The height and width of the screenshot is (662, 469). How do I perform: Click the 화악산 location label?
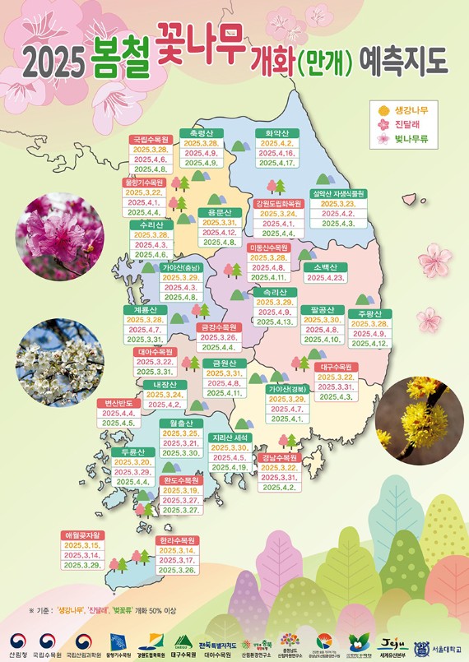[x=276, y=132]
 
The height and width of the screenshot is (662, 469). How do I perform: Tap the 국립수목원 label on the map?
[x=151, y=139]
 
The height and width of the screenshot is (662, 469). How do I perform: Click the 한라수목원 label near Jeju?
[x=178, y=539]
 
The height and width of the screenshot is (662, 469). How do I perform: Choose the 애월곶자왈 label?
[x=82, y=535]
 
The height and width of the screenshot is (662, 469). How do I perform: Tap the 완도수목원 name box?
[x=181, y=479]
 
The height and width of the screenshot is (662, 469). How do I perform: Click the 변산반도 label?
[x=114, y=402]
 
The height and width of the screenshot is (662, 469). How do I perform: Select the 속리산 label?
[x=276, y=291]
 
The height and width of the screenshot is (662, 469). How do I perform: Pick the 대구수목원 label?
[x=336, y=366]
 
